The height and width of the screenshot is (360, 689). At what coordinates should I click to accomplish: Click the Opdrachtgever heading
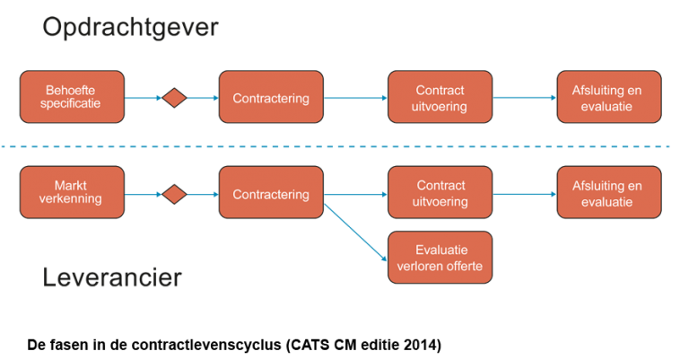tap(130, 28)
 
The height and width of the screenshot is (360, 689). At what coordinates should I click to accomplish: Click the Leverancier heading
tap(112, 278)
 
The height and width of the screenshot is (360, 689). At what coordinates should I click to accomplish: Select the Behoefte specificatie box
tap(72, 97)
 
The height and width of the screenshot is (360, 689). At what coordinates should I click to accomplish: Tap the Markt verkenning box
tap(72, 193)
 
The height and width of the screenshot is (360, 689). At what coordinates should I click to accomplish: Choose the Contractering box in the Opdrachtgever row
tap(271, 97)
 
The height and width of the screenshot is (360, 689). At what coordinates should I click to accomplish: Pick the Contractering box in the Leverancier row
tap(271, 193)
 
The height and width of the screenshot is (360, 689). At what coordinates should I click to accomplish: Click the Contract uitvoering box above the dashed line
tap(440, 97)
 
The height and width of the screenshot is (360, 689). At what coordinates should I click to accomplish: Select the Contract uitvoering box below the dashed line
tap(440, 193)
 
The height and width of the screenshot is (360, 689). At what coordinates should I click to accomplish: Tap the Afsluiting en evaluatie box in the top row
tap(608, 97)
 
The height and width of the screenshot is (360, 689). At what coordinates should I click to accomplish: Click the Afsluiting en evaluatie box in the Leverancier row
tap(608, 193)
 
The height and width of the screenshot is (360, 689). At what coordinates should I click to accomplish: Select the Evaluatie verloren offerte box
tap(440, 257)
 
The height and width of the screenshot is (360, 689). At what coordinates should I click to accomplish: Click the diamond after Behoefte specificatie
tap(174, 98)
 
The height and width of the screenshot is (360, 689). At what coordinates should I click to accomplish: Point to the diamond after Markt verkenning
tap(174, 194)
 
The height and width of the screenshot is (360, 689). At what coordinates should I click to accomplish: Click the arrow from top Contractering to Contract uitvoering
tap(355, 98)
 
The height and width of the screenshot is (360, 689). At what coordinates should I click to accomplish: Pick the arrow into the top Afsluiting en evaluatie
tap(525, 98)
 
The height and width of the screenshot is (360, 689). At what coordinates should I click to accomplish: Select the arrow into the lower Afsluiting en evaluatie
tap(525, 194)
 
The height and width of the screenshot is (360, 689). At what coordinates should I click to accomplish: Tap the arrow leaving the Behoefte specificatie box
tap(143, 98)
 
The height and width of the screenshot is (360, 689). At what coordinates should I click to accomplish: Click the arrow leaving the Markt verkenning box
tap(143, 194)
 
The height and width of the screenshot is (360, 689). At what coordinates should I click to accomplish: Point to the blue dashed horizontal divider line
tap(344, 145)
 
